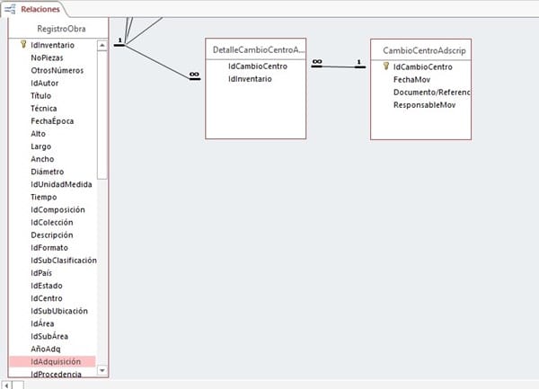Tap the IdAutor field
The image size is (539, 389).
44,82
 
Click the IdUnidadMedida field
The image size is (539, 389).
61,184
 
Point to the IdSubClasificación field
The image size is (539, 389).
64,260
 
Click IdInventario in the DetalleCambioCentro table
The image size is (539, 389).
251,79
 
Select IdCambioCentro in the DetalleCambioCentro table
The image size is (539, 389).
258,66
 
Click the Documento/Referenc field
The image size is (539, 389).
432,92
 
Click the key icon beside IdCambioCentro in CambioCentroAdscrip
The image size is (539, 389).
385,66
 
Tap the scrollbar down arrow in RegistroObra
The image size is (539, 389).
102,370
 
